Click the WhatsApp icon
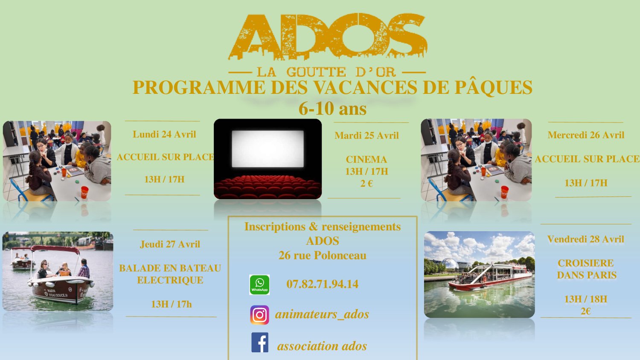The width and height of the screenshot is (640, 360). pyautogui.click(x=259, y=285)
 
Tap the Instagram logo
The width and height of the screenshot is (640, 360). pyautogui.click(x=259, y=315)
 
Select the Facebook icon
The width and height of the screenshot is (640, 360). pyautogui.click(x=260, y=342)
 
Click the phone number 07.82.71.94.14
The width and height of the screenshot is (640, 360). pyautogui.click(x=322, y=284)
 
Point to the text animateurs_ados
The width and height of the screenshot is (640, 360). pyautogui.click(x=322, y=314)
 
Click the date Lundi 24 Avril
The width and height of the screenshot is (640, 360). pyautogui.click(x=164, y=134)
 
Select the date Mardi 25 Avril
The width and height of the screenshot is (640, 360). pyautogui.click(x=367, y=136)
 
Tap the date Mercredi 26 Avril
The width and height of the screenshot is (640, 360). pyautogui.click(x=586, y=135)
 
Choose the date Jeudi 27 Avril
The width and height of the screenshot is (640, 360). pyautogui.click(x=170, y=244)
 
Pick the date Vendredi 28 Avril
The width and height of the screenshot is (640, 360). pyautogui.click(x=585, y=239)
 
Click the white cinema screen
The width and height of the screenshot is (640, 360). pyautogui.click(x=268, y=148)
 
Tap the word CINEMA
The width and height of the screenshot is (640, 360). pyautogui.click(x=366, y=160)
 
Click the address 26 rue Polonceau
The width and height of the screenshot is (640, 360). pyautogui.click(x=322, y=255)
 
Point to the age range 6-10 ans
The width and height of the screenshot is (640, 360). pyautogui.click(x=332, y=109)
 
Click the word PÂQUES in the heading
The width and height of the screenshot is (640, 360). pyautogui.click(x=493, y=87)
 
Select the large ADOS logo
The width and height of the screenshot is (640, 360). pyautogui.click(x=328, y=37)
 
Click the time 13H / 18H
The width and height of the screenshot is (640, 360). pyautogui.click(x=586, y=299)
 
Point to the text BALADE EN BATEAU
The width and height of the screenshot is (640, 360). pyautogui.click(x=170, y=268)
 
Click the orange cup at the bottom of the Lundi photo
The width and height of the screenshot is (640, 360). pyautogui.click(x=84, y=192)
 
